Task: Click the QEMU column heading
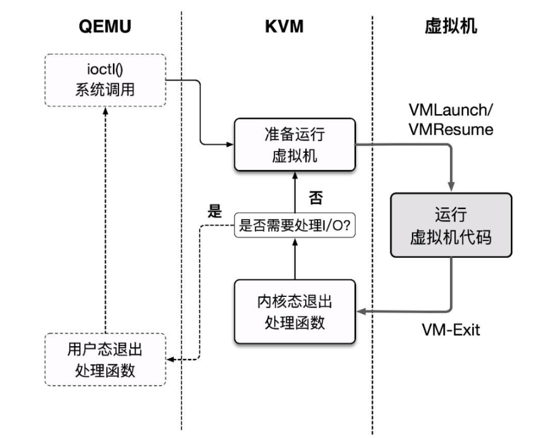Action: [105, 28]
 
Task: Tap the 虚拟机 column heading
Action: [450, 28]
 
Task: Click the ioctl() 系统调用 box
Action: [105, 80]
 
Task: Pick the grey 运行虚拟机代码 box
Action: [451, 225]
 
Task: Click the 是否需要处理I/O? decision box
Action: [295, 226]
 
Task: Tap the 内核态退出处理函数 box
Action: [295, 312]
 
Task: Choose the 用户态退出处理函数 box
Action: [105, 359]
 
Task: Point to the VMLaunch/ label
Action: [451, 111]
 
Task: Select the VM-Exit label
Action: [451, 330]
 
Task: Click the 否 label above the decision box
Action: [315, 198]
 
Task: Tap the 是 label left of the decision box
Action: [214, 212]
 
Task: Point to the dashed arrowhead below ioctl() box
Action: [105, 110]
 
